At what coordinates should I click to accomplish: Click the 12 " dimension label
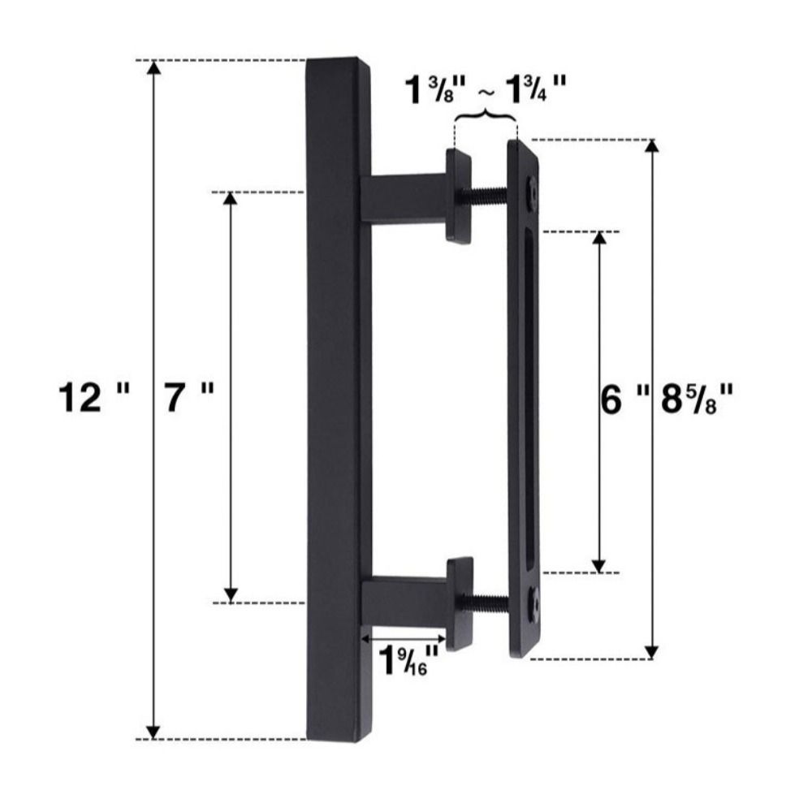[94, 399]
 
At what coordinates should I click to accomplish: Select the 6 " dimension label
[624, 400]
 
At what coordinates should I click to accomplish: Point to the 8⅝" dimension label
[699, 400]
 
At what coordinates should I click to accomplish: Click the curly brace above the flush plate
[486, 117]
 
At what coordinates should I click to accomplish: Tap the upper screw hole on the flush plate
[531, 190]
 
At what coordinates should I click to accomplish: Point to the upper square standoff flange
[458, 195]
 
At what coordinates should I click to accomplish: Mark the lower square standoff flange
[460, 603]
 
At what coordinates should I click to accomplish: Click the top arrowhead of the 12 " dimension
[152, 68]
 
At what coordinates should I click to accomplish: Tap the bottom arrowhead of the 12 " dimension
[152, 731]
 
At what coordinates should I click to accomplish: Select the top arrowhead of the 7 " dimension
[231, 200]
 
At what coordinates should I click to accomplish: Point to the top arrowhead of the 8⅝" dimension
[651, 146]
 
